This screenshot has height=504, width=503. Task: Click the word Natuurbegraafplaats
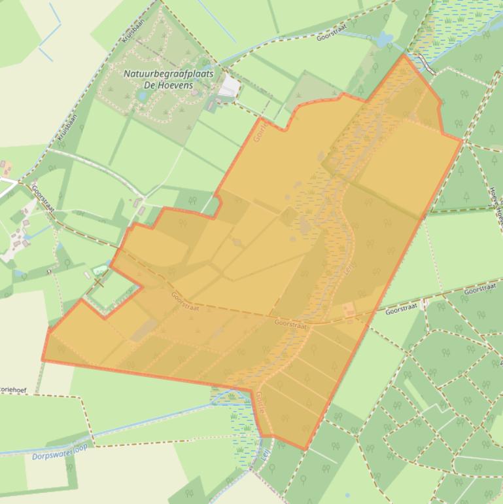[x=168, y=74]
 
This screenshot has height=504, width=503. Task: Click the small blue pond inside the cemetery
[x=142, y=96]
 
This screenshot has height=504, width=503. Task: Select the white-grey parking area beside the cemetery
[x=229, y=86]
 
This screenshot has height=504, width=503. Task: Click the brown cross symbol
[x=98, y=282]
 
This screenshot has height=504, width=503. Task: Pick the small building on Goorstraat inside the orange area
[x=349, y=308]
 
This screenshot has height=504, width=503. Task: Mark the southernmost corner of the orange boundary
[x=305, y=450]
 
